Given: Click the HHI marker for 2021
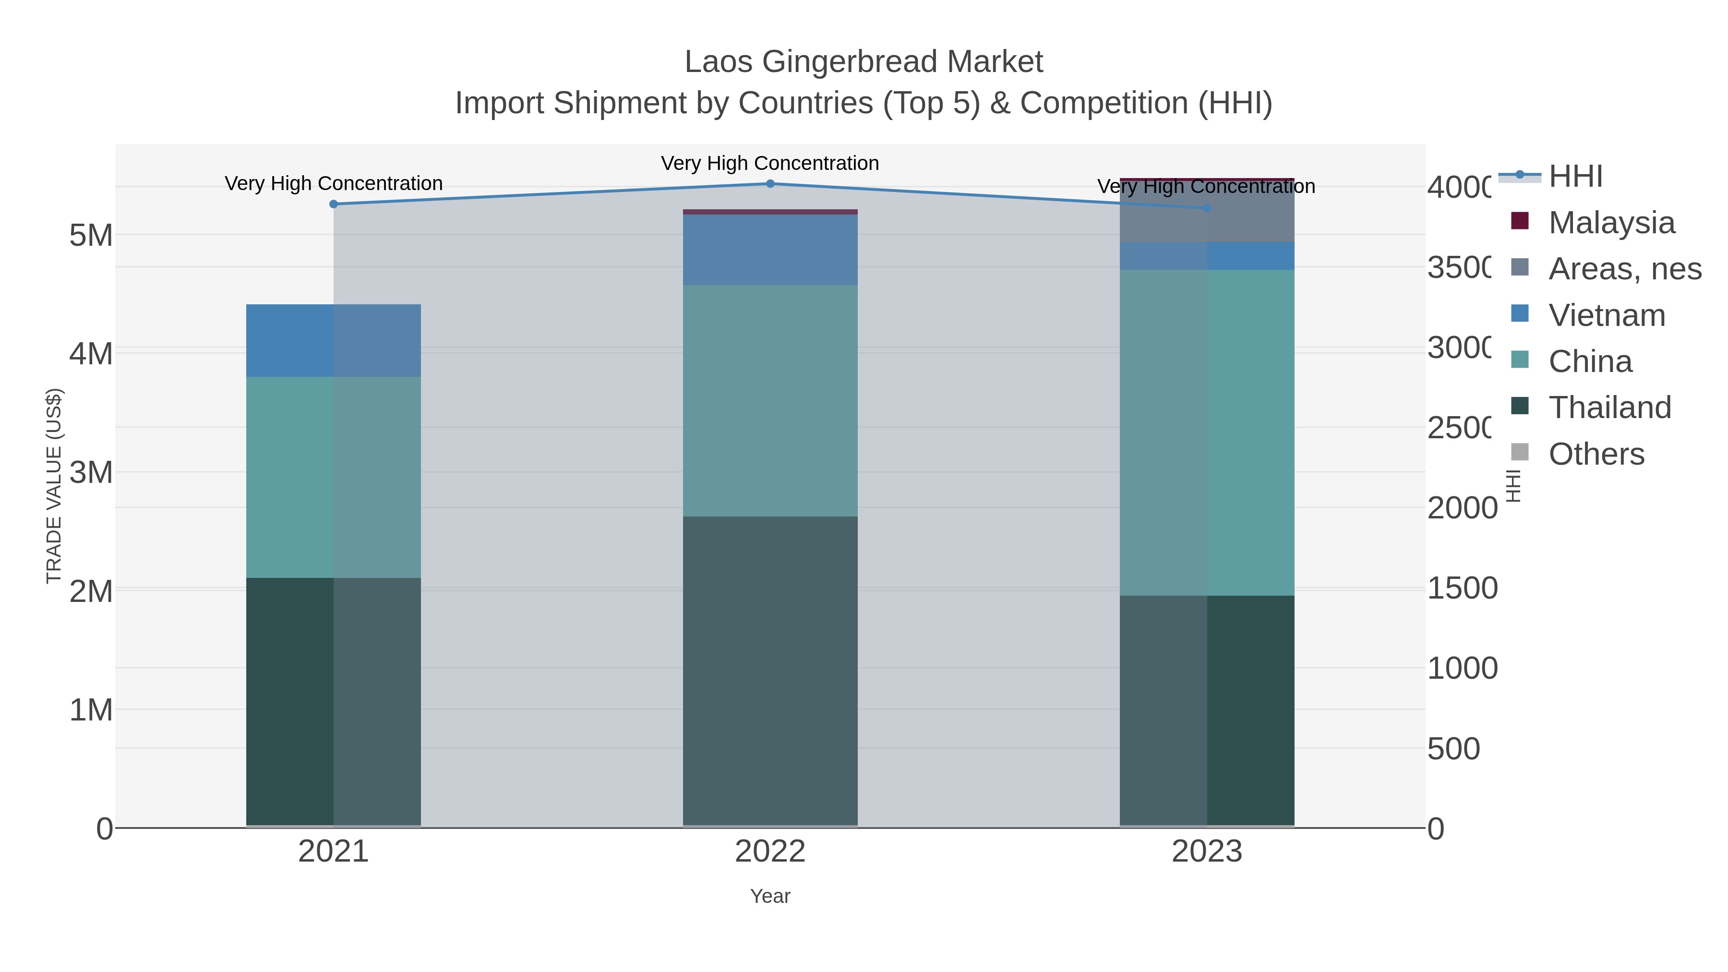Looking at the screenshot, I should [334, 204].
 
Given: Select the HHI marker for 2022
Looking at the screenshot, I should [770, 184].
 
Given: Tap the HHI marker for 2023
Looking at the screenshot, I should [1207, 208].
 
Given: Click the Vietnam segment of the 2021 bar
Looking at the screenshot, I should [334, 341].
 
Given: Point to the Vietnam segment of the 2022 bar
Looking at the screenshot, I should [770, 250].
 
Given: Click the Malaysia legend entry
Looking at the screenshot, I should [1610, 223].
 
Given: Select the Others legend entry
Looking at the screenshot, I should [1595, 454].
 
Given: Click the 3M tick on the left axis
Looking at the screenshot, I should [91, 473].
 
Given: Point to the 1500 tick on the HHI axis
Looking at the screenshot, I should [1461, 588].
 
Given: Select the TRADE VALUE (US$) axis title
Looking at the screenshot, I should [54, 486].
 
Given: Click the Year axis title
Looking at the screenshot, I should [770, 896].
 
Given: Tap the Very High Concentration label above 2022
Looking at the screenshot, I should [770, 163].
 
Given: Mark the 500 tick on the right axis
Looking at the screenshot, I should [1453, 749].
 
